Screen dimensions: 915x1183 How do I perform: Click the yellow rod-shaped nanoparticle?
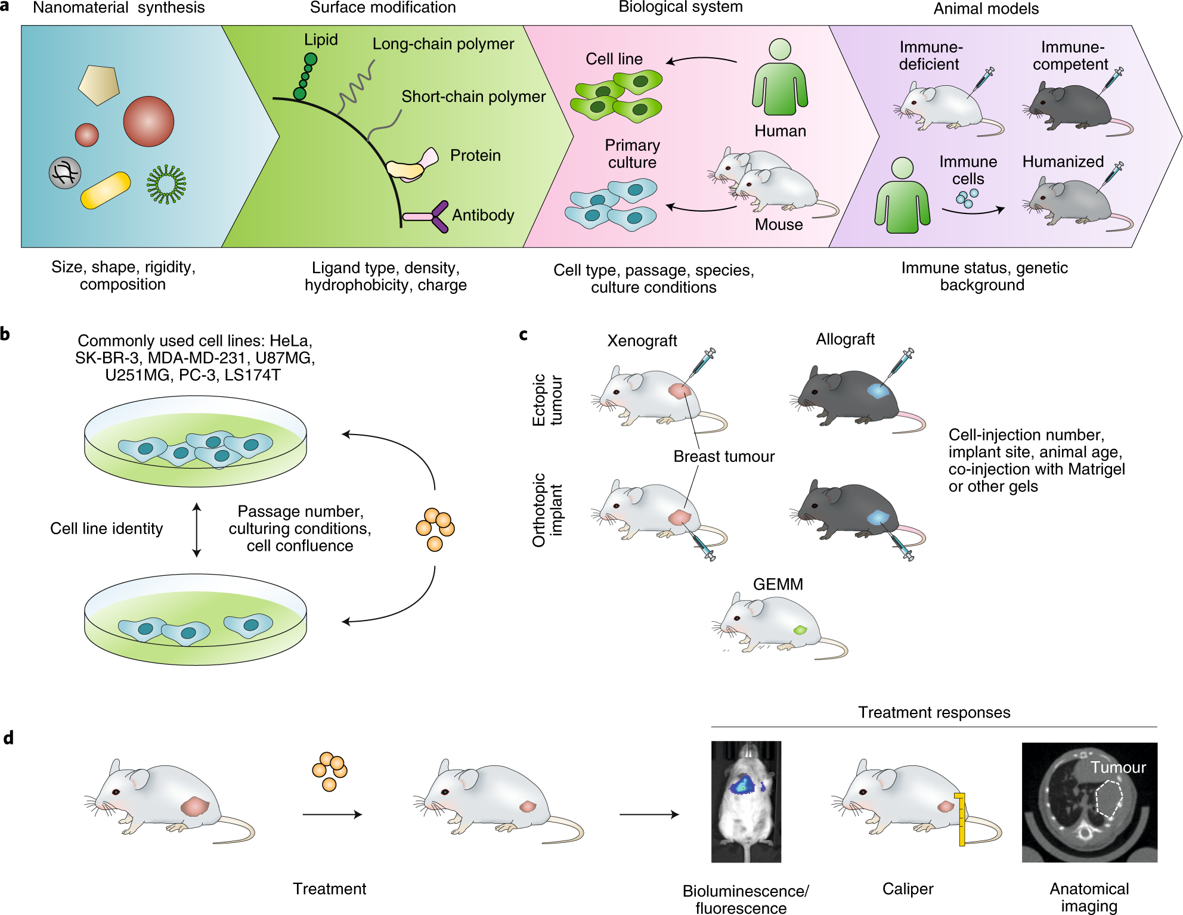click(x=106, y=190)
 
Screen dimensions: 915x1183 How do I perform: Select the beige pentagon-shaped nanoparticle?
click(x=98, y=85)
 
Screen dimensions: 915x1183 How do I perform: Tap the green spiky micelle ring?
click(x=166, y=184)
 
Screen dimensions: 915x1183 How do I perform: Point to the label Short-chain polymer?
click(x=473, y=97)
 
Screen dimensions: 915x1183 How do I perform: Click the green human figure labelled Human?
click(x=780, y=80)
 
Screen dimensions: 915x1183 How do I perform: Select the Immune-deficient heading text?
click(x=930, y=55)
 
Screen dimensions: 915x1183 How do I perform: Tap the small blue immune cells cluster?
click(x=967, y=198)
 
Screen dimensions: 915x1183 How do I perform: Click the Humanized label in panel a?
click(x=1063, y=162)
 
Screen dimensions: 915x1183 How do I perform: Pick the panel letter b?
click(x=5, y=334)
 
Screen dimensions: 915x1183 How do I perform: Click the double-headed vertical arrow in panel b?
click(x=197, y=529)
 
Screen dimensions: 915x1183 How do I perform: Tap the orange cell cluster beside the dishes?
click(x=435, y=529)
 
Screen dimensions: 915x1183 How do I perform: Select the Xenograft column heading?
click(x=642, y=340)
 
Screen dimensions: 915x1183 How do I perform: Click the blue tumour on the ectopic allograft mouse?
click(x=878, y=391)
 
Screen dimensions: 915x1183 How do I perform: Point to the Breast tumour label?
click(x=723, y=456)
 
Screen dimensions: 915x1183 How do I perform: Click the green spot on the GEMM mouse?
click(x=800, y=629)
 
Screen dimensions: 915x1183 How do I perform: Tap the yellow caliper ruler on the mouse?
click(x=961, y=819)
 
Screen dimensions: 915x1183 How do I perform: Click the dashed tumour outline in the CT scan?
click(x=1108, y=799)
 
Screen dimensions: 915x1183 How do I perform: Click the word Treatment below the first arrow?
click(x=329, y=889)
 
